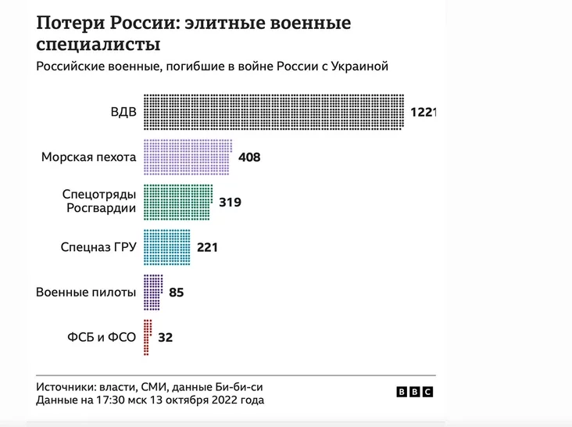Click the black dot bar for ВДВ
pos(273,112)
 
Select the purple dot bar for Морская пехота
pos(187,156)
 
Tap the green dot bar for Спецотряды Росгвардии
pos(177,202)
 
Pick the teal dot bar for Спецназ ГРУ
pos(167,247)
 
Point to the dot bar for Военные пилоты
pos(153,292)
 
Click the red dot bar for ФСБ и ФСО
pos(147,337)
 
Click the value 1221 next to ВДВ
pos(422,113)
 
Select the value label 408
pos(248,157)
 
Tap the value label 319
pos(230,203)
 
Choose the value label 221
pos(206,248)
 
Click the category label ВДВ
pos(123,112)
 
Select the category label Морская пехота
pos(88,157)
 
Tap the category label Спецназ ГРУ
pos(98,248)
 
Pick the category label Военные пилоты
pos(86,292)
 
